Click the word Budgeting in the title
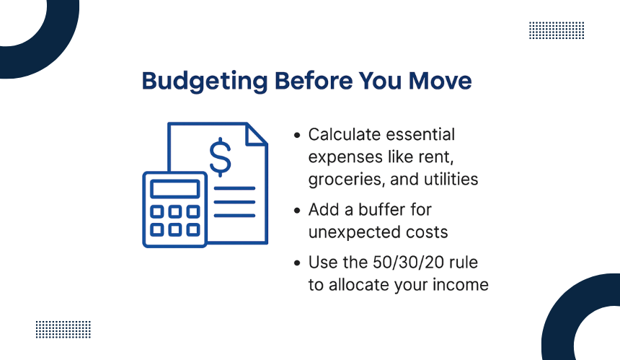click(205, 82)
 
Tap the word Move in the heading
click(440, 81)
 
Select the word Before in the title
click(313, 81)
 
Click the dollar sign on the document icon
click(220, 157)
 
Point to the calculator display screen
click(174, 189)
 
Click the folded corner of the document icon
click(256, 134)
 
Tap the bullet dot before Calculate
click(297, 136)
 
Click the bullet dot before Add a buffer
click(297, 211)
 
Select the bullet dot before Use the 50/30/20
click(297, 263)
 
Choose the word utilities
click(451, 179)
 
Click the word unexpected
click(350, 232)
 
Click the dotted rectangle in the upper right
click(557, 30)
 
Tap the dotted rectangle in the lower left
click(63, 330)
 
